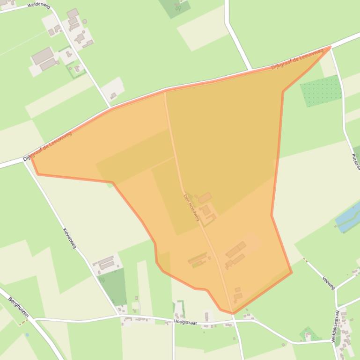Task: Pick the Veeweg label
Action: pos(329,282)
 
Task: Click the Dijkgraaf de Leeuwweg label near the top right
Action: pos(297,60)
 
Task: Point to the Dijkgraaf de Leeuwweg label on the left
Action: pos(47,147)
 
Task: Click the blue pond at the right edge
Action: pos(349,216)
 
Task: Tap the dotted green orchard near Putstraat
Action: pos(321,91)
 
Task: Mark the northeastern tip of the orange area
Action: pos(331,47)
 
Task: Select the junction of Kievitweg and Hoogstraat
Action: pos(119,316)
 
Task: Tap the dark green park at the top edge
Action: pos(175,7)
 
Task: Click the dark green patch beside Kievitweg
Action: pos(113,286)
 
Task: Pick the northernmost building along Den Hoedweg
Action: pos(205,198)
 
